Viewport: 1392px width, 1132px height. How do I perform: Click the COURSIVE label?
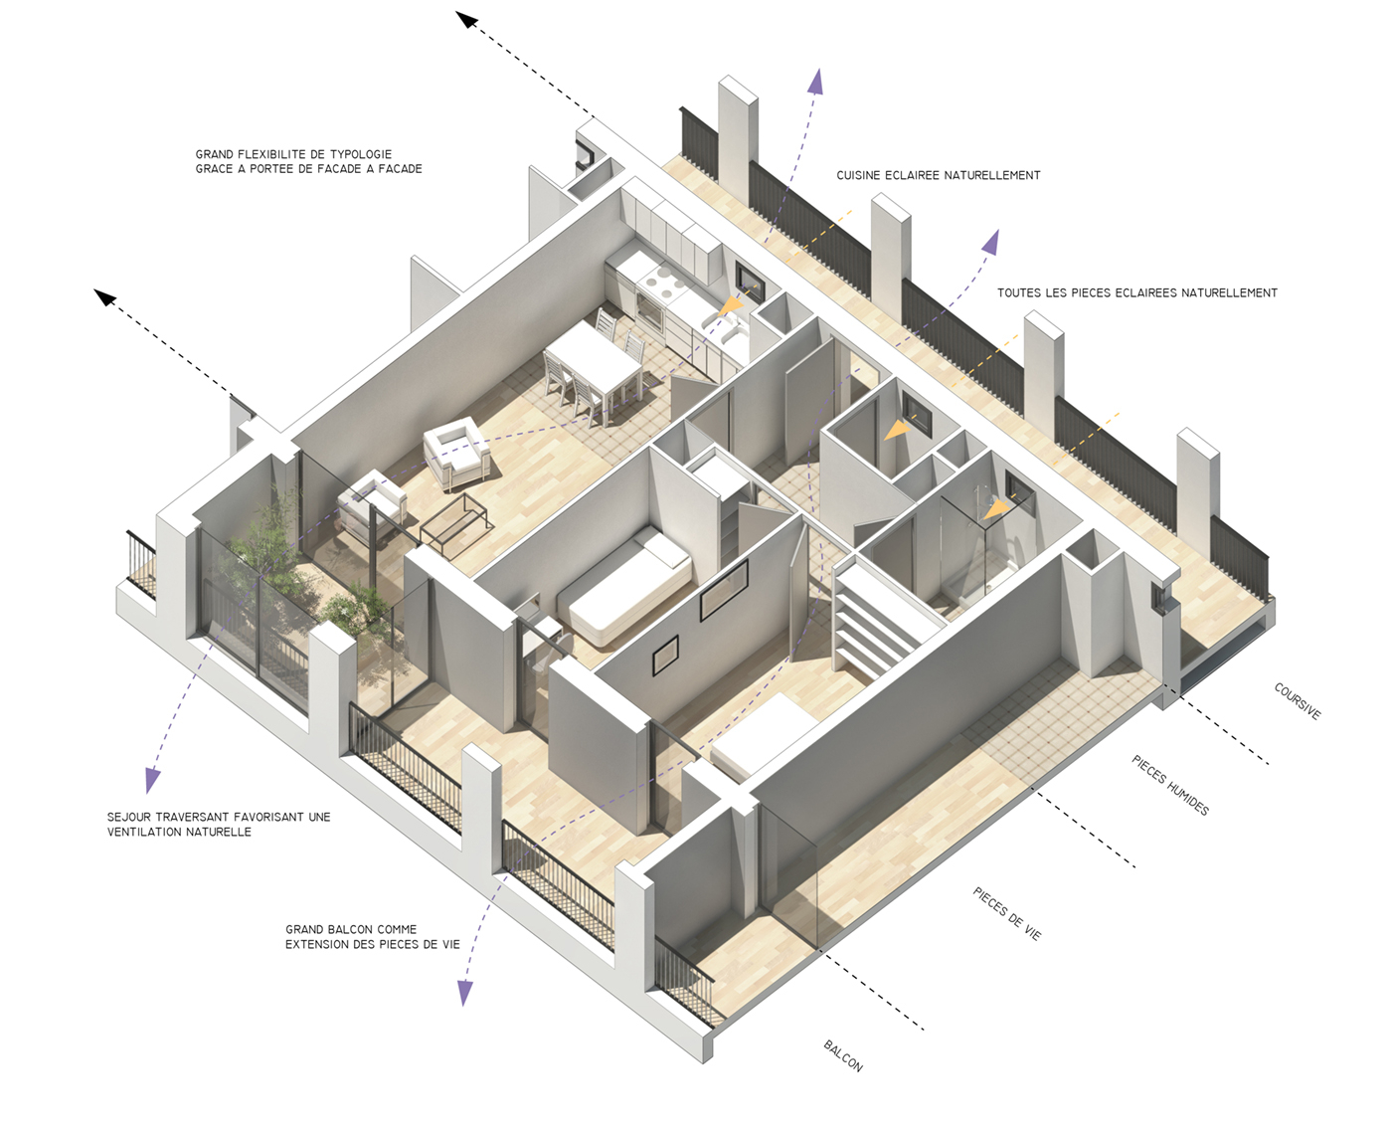[1298, 701]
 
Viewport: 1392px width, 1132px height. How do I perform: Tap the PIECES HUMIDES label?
[1170, 785]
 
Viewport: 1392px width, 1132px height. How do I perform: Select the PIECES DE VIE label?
[1007, 914]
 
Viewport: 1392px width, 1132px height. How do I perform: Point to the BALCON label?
[843, 1056]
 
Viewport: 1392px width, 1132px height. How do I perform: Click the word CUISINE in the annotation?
[858, 175]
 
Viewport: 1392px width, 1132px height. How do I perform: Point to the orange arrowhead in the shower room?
[995, 510]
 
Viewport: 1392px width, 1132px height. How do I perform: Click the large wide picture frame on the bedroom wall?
[724, 591]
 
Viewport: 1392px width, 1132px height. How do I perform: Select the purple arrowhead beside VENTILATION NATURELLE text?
[152, 780]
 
